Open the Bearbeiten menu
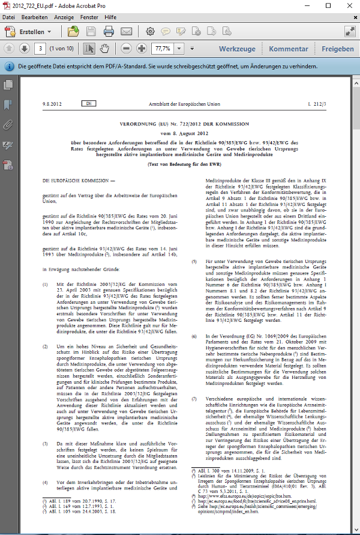[34, 17]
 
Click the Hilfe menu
[110, 17]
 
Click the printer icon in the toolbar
[109, 31]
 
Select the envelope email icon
[126, 31]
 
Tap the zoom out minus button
[126, 48]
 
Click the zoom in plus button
[142, 48]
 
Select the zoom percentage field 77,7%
[164, 48]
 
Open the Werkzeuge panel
[237, 49]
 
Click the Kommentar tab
[288, 49]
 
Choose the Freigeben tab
[337, 49]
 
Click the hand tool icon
[104, 48]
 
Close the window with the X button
[348, 5]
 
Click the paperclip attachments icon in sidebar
[8, 125]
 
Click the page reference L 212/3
[316, 104]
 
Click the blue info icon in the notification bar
[9, 67]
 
